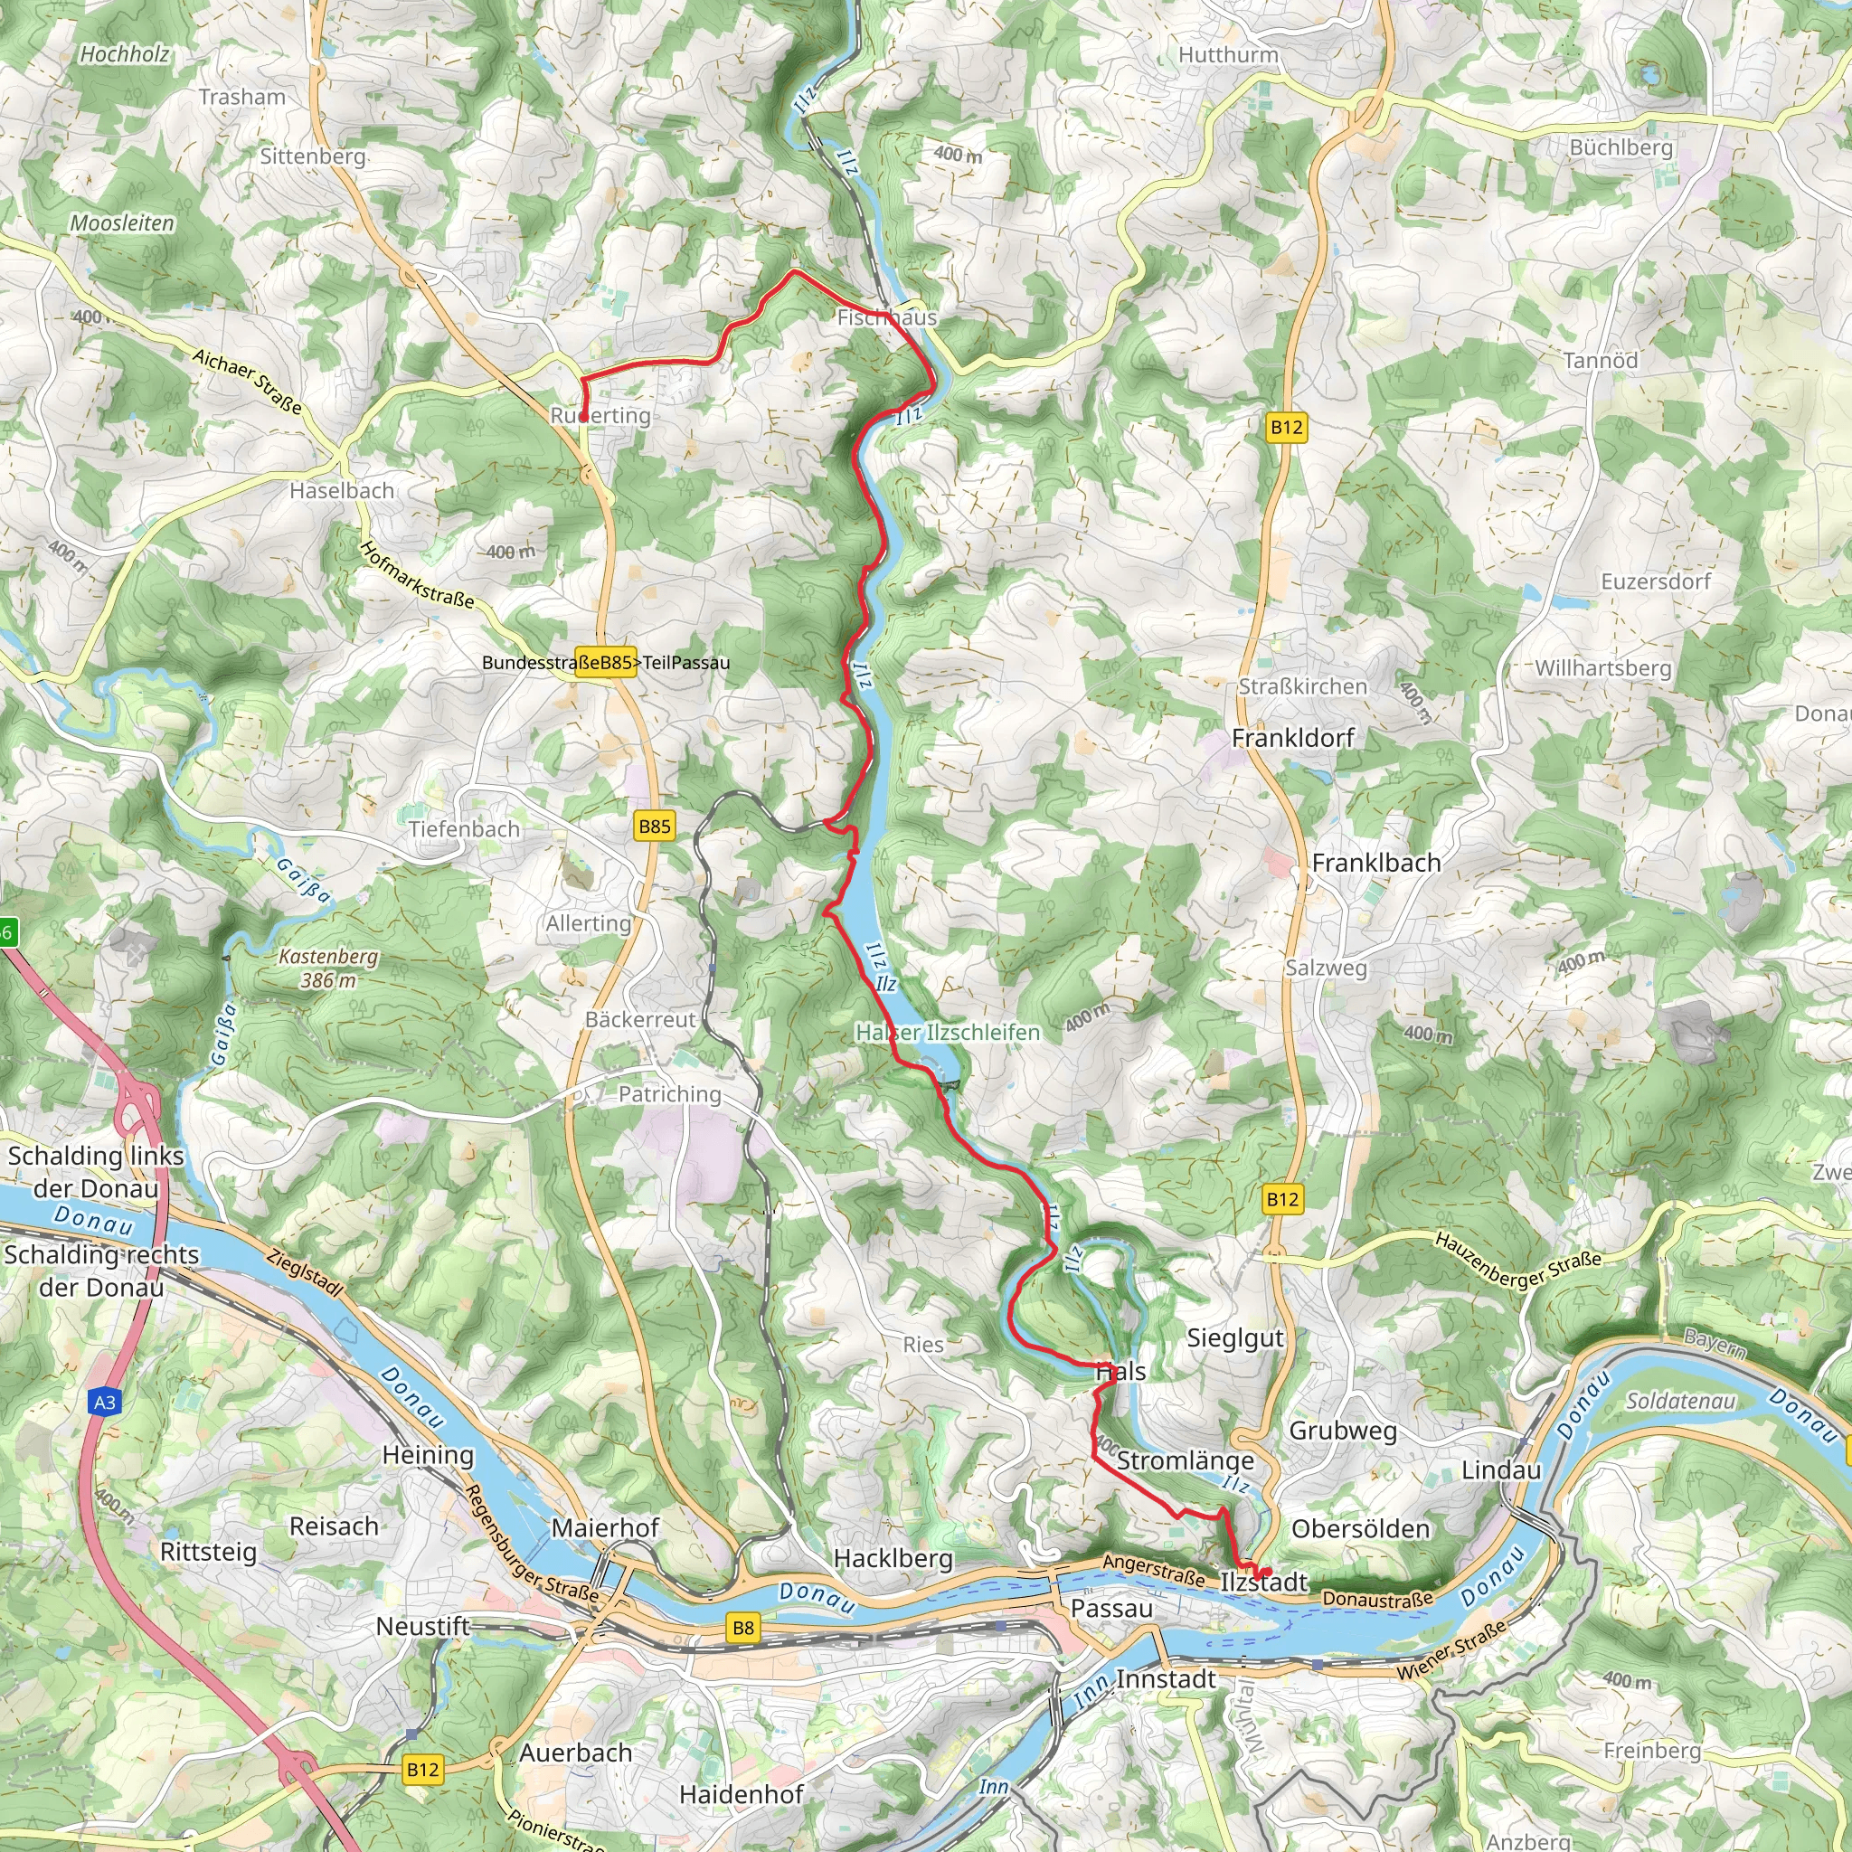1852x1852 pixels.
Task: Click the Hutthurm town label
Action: (x=1228, y=54)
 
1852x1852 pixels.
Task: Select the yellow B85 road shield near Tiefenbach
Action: (x=655, y=827)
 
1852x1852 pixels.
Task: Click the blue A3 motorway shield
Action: (x=105, y=1403)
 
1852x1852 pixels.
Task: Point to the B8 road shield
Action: (x=743, y=1627)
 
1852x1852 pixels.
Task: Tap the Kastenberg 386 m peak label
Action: (x=328, y=969)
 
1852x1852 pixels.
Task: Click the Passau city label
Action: (x=1111, y=1608)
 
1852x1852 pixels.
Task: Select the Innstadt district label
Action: (x=1166, y=1678)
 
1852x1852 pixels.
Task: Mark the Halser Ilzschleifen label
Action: (x=947, y=1033)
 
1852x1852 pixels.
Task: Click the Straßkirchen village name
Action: (x=1302, y=686)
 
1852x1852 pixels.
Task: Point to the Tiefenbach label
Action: (x=464, y=829)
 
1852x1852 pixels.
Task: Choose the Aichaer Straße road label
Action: (x=247, y=382)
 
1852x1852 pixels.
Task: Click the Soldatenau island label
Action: (x=1679, y=1402)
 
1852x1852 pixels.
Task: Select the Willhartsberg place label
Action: (x=1602, y=667)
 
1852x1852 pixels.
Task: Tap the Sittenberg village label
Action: (x=313, y=156)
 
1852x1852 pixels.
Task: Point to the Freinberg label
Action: (x=1651, y=1751)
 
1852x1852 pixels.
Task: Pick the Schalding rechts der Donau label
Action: (x=101, y=1271)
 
